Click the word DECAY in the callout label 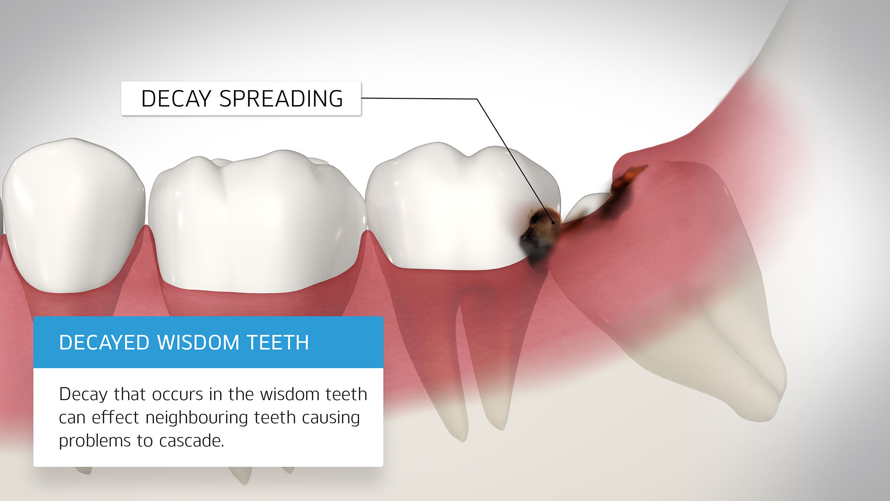pos(176,98)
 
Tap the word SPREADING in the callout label pos(281,98)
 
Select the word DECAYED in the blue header pos(105,343)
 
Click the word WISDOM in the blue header pos(198,343)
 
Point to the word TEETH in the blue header pos(278,343)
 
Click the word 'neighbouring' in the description pos(197,418)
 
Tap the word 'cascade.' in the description pos(192,441)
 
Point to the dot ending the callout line pos(553,223)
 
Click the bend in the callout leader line pos(477,99)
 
